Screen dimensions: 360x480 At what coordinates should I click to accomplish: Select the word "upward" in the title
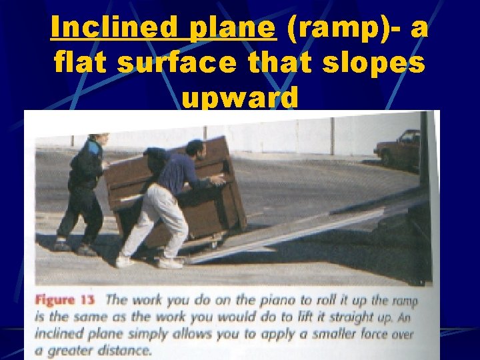tap(240, 99)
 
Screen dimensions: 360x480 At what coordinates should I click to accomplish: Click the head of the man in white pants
tap(195, 148)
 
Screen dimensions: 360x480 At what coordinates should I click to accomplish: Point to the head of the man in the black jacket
tap(99, 142)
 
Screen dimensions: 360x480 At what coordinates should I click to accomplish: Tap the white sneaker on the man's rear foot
tap(124, 261)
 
